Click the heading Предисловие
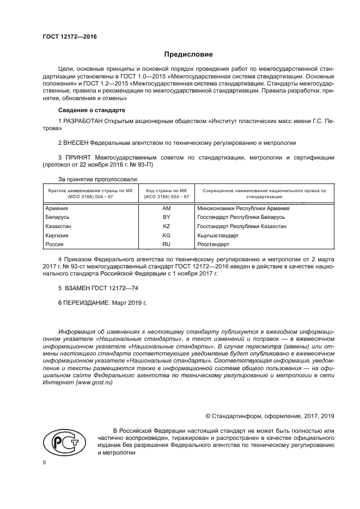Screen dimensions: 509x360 coord(188,54)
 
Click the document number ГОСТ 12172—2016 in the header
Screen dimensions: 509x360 coord(68,37)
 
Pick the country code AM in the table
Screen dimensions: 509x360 coord(167,208)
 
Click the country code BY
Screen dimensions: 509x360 coord(167,217)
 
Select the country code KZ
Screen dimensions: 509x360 coord(167,226)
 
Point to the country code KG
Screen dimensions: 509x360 coord(167,236)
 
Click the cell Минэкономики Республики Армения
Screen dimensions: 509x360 coord(243,208)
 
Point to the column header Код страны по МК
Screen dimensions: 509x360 coord(167,191)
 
